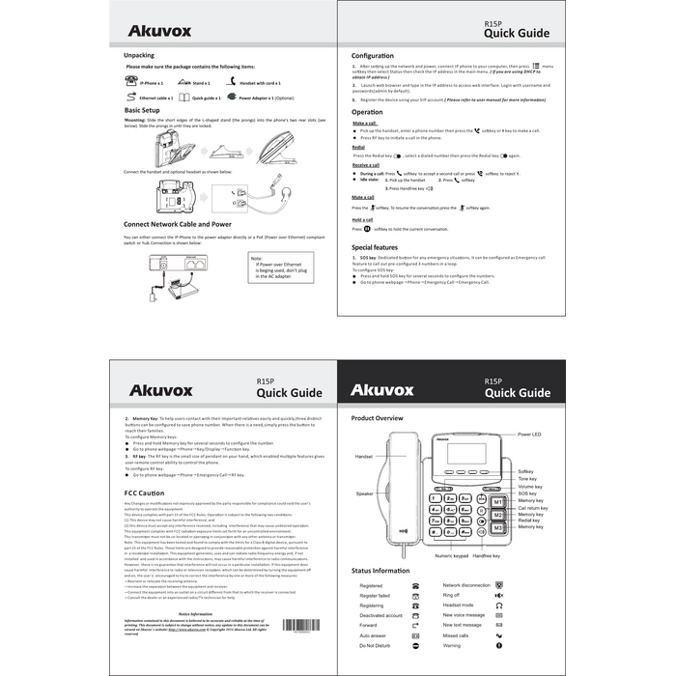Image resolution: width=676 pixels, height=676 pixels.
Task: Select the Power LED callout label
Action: click(x=530, y=435)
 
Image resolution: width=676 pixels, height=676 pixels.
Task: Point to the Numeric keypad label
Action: click(x=451, y=556)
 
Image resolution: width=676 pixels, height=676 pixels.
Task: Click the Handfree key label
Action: click(x=487, y=556)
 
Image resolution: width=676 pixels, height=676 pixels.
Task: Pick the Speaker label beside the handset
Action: click(x=364, y=493)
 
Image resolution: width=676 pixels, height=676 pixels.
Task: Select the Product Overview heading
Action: click(x=377, y=418)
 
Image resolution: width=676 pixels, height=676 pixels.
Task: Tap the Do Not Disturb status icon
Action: click(x=415, y=645)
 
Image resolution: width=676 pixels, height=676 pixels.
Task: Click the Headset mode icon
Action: click(x=499, y=605)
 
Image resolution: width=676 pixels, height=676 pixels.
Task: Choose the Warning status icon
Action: click(x=499, y=645)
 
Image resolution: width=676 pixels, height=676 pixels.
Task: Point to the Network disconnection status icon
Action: click(x=499, y=585)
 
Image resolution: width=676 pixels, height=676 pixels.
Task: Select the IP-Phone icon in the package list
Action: click(x=131, y=83)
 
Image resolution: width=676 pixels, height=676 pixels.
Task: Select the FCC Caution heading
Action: click(x=144, y=493)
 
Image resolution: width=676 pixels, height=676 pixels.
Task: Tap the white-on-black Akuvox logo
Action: click(x=382, y=390)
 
